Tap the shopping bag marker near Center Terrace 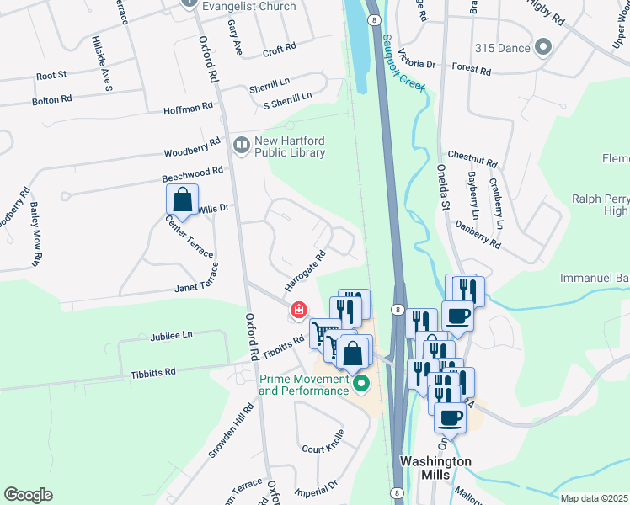182,200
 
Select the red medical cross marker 298,311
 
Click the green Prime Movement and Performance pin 362,385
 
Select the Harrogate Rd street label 304,268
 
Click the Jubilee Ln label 172,334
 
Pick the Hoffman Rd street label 189,108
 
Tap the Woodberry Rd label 192,151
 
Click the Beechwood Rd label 193,174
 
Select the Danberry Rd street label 478,235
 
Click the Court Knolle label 323,443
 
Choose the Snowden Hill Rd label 232,431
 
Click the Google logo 28,495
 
